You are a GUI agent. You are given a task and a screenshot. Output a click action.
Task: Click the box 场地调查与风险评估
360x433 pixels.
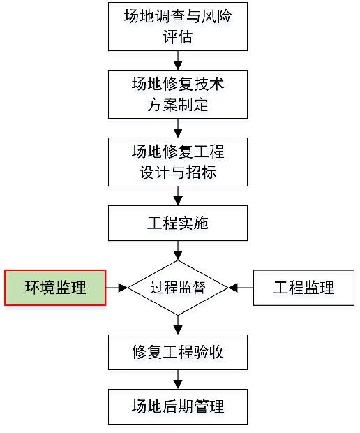click(x=178, y=27)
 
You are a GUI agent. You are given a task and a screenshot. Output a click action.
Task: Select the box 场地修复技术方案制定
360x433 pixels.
click(x=178, y=94)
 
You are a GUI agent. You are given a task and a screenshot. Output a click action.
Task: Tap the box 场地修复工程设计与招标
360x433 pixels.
click(x=178, y=162)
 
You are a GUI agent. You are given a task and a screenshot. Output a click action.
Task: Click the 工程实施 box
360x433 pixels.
click(x=178, y=223)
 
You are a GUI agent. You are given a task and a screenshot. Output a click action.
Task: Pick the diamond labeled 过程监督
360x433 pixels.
click(x=178, y=288)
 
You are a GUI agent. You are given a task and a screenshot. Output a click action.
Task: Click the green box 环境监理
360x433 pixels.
click(x=55, y=288)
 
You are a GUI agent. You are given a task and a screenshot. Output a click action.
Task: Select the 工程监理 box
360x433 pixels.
click(x=303, y=288)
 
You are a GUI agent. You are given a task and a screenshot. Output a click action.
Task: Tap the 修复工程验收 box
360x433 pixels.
click(x=178, y=352)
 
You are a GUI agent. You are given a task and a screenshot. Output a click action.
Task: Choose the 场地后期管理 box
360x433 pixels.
click(x=178, y=406)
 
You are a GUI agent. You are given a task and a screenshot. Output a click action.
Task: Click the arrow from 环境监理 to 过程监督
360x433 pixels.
click(x=117, y=288)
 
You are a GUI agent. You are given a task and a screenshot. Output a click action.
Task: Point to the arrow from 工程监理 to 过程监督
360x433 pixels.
click(x=241, y=288)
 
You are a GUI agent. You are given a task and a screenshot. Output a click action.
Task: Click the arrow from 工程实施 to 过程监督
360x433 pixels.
click(x=178, y=251)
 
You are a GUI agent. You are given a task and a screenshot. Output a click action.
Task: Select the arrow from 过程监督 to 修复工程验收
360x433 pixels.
click(x=178, y=325)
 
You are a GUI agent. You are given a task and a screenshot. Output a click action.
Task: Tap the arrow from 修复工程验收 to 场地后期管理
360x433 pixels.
click(x=178, y=379)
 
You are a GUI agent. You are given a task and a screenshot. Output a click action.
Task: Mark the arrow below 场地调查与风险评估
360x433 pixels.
click(x=178, y=61)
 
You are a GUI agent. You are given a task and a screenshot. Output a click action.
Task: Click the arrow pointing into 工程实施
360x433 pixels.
click(x=178, y=196)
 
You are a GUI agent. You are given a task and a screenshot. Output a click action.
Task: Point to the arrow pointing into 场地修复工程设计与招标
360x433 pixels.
click(x=178, y=128)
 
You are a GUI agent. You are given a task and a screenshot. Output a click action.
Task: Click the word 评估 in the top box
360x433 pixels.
click(x=178, y=36)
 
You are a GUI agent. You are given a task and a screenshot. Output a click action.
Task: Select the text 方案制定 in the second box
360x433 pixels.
click(x=178, y=104)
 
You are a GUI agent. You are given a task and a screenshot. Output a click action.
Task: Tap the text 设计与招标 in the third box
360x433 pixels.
click(x=178, y=172)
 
